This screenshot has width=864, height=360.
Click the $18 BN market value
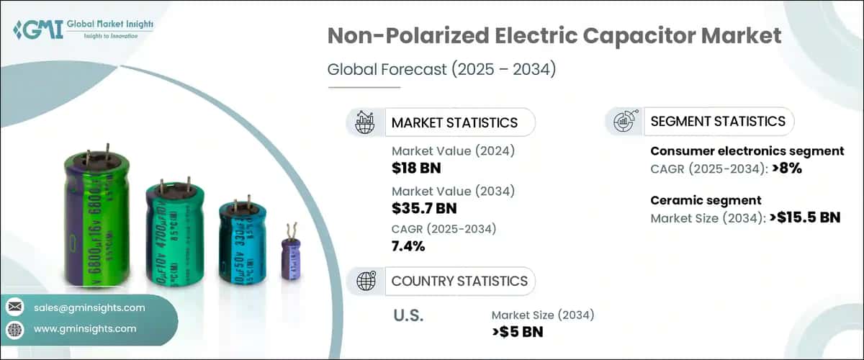[x=416, y=168]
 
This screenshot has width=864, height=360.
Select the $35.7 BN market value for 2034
[x=424, y=209]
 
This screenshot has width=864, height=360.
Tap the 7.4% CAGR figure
[x=408, y=247]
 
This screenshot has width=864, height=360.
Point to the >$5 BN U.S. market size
[x=517, y=332]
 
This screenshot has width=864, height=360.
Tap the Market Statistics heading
[x=454, y=122]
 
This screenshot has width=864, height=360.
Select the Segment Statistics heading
[x=717, y=122]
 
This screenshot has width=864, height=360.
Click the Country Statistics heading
[x=459, y=281]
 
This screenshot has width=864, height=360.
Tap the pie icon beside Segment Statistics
[x=623, y=122]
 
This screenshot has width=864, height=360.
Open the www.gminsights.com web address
[x=85, y=328]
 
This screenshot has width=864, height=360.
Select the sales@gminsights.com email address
[x=89, y=307]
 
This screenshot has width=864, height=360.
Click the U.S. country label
[x=409, y=315]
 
